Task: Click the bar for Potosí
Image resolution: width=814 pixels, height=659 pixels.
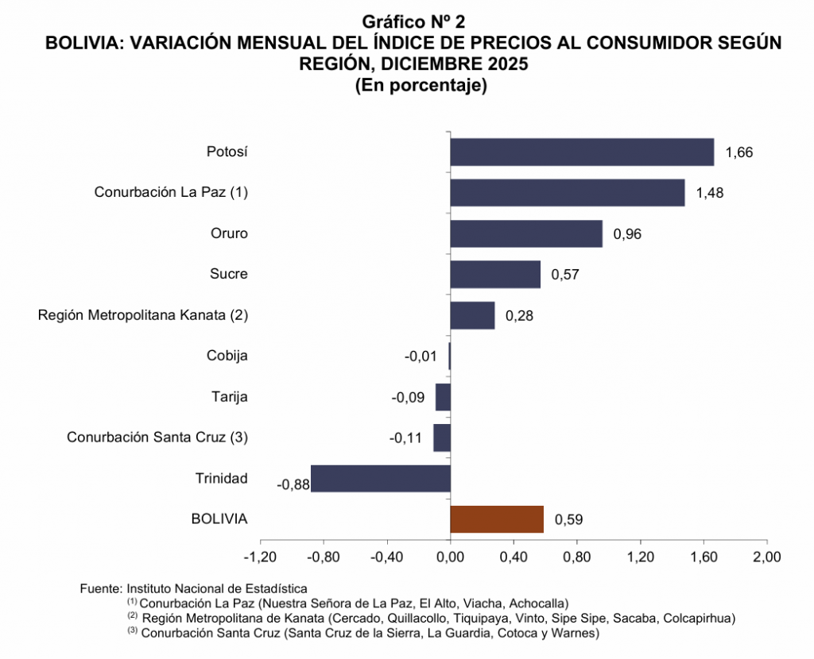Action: (x=582, y=152)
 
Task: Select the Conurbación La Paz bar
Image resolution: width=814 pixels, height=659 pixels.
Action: (x=568, y=192)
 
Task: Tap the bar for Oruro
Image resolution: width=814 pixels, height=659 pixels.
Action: (x=526, y=233)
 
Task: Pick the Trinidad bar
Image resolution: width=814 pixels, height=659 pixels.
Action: (x=381, y=479)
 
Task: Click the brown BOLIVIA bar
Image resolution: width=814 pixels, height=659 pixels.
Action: (x=497, y=519)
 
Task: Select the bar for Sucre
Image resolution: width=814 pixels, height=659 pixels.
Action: (x=495, y=274)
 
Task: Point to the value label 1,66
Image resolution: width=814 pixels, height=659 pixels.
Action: (x=739, y=152)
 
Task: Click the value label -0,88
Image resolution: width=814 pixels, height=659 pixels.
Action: (x=292, y=484)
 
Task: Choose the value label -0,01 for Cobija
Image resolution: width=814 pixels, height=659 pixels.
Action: (x=421, y=356)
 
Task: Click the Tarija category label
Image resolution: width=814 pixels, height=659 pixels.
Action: (x=230, y=396)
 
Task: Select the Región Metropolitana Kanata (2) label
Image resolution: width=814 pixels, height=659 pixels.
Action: (x=143, y=315)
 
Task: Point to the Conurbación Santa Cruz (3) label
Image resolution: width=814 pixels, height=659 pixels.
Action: (x=157, y=437)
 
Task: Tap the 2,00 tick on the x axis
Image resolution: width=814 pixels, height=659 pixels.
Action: (x=766, y=556)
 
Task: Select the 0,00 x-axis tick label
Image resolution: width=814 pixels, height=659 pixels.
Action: (x=451, y=556)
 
